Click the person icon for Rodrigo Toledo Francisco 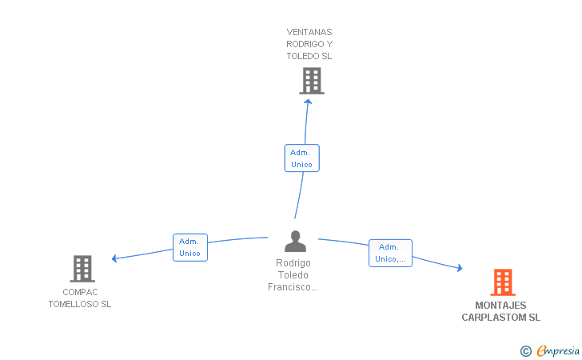[295, 241]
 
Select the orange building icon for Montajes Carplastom [503, 282]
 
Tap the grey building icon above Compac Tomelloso [82, 269]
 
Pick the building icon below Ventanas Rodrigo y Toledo [312, 81]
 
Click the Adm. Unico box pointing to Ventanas [301, 158]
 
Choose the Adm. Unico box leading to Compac [190, 247]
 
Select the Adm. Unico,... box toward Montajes [390, 253]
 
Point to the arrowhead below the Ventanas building [308, 102]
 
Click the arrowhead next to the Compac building [114, 258]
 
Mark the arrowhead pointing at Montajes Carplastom [460, 268]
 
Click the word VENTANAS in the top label [309, 32]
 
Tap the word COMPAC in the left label [80, 292]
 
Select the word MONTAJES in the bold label [500, 306]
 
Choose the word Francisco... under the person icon [293, 287]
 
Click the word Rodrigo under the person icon [293, 263]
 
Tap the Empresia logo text [558, 350]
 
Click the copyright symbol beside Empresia [525, 351]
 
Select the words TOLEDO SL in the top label [309, 57]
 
